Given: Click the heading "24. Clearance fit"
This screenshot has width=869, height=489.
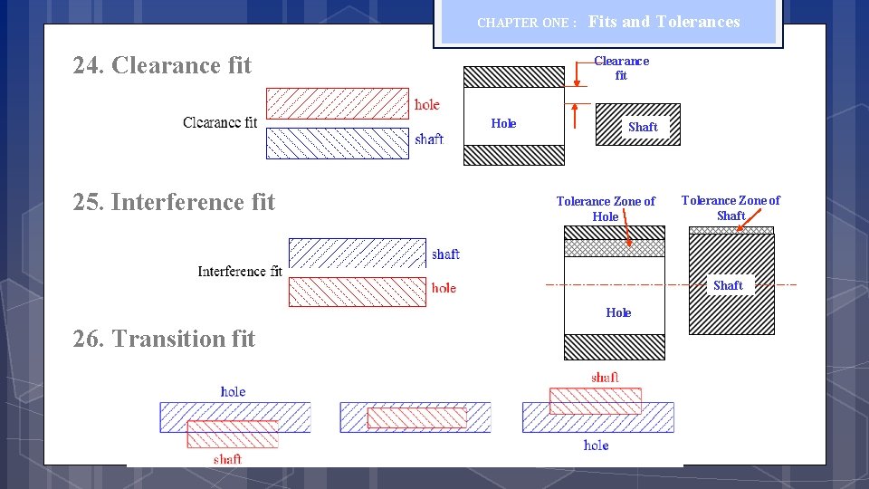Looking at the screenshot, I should click(162, 65).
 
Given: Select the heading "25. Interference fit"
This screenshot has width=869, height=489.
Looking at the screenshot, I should click(174, 201).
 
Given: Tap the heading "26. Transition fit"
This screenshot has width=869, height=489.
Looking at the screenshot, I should click(164, 339).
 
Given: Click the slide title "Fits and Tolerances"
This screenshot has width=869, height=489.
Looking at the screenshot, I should click(664, 22).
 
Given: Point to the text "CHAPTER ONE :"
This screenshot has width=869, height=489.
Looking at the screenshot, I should click(527, 23).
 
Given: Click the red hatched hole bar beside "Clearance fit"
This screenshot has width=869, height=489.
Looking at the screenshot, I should click(338, 103).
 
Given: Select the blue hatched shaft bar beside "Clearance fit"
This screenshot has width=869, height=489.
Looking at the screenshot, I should click(338, 143).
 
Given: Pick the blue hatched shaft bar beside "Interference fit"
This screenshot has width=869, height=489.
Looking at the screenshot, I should click(357, 253).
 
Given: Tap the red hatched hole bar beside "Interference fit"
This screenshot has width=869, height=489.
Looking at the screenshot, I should click(357, 292).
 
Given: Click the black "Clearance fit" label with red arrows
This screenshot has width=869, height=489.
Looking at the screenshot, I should click(621, 68).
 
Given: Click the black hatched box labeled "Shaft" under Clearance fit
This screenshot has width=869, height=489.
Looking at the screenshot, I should click(638, 124).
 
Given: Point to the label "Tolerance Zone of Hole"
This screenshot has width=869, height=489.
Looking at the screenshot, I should click(606, 208).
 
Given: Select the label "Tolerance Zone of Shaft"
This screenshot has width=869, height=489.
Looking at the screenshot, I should click(731, 207).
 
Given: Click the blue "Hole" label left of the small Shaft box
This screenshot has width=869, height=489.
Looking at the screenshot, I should click(503, 123).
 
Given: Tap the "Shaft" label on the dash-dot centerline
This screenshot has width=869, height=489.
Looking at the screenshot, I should click(728, 285).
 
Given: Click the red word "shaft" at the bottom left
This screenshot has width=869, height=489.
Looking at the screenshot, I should click(227, 458).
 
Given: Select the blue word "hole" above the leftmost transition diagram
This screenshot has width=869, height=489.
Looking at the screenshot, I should click(233, 391).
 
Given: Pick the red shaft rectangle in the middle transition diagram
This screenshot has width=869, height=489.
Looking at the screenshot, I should click(416, 417).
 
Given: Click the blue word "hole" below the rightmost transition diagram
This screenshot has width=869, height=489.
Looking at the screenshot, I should click(596, 445).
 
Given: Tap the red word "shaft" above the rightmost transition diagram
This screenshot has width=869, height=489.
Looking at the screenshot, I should click(605, 377).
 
